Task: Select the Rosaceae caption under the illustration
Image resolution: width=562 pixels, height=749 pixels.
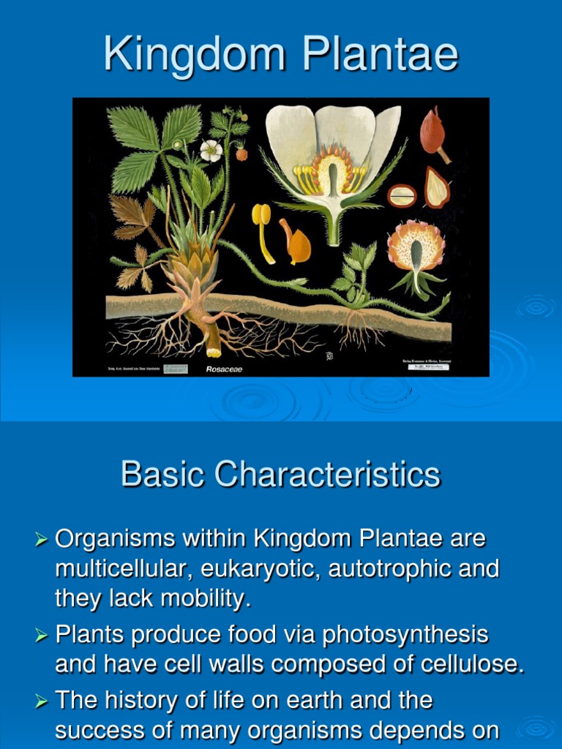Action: (224, 369)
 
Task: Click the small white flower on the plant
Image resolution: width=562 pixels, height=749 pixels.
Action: (211, 150)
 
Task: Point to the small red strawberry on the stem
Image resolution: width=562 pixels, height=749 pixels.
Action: (241, 154)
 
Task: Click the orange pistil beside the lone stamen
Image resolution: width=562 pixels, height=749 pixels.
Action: (296, 244)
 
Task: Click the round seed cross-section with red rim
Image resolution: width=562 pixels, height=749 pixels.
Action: (401, 195)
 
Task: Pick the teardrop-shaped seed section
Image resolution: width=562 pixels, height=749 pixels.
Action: (437, 187)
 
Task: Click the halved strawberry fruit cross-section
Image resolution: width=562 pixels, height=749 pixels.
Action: (416, 252)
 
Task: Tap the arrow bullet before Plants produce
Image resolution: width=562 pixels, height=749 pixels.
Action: (42, 636)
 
